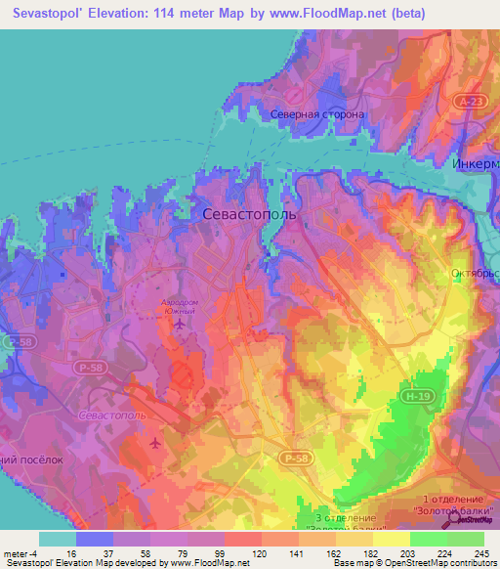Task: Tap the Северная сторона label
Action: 317,114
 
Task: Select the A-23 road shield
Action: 470,102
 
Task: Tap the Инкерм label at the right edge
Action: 476,163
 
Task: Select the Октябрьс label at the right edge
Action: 475,274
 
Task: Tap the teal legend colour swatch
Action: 58,539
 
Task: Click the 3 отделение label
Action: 346,517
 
